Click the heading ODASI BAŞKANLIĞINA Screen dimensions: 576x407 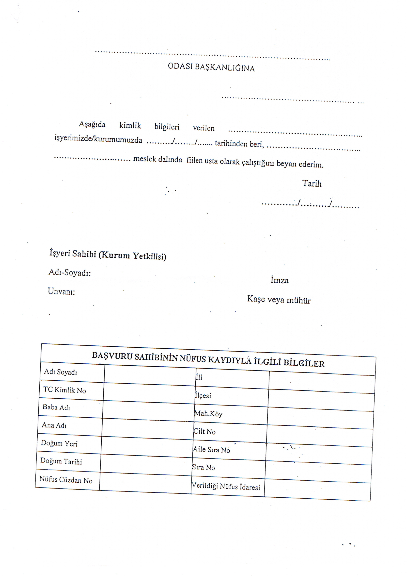tap(211, 67)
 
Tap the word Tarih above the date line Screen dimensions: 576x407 tap(312, 183)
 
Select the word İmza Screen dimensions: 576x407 tap(280, 280)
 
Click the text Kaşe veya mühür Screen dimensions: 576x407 tap(279, 300)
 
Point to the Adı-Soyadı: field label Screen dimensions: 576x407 tap(69, 272)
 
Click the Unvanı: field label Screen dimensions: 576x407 tap(62, 291)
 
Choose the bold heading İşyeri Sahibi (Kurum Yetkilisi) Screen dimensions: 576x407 tap(108, 255)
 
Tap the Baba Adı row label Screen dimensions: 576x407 tap(56, 407)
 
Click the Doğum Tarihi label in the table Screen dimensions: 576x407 tap(61, 461)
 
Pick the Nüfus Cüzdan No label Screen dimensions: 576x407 tap(66, 480)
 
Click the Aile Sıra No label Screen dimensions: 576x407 tap(212, 450)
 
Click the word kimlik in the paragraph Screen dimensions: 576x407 tap(130, 125)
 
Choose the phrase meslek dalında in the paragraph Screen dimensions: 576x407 tap(158, 159)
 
